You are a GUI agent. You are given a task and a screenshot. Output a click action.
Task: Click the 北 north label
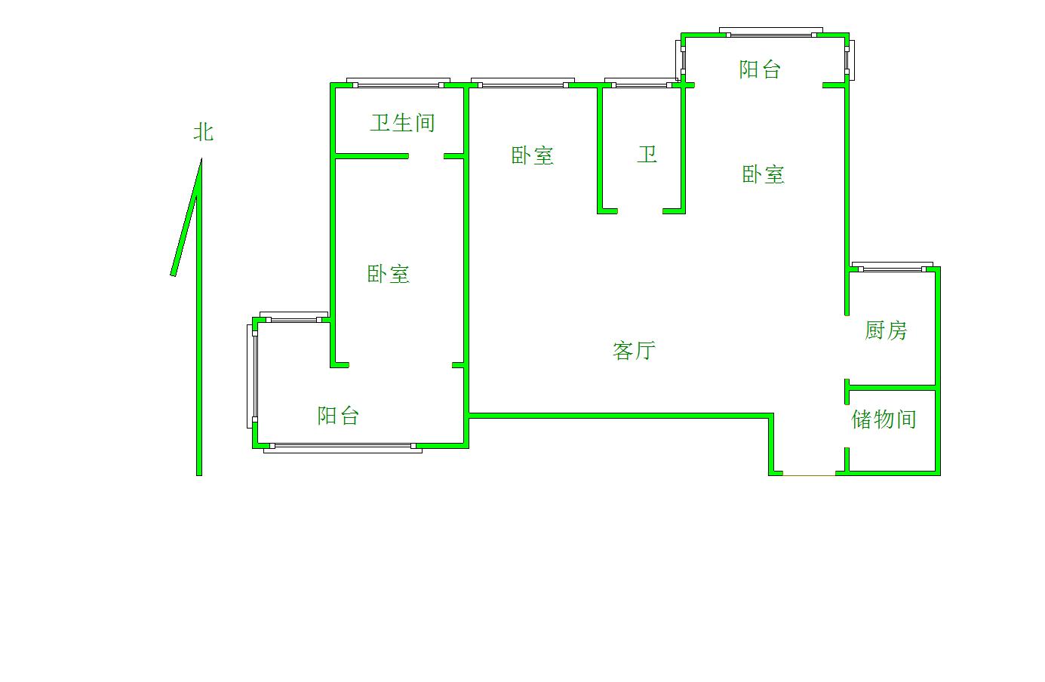(x=203, y=132)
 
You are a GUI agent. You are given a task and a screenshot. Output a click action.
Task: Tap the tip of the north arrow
(x=201, y=160)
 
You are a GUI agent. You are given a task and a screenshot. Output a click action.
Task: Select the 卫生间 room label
(x=402, y=122)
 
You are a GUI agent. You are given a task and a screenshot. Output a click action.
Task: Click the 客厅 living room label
(x=634, y=350)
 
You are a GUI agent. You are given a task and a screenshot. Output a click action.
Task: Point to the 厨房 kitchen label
(x=886, y=330)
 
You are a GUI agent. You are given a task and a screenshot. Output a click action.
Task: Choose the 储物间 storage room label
(x=884, y=419)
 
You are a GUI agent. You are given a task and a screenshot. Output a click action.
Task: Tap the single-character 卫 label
(x=647, y=155)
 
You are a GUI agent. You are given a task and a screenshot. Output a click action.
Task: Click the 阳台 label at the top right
(x=760, y=69)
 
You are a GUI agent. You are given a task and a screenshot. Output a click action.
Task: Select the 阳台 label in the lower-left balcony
(x=338, y=415)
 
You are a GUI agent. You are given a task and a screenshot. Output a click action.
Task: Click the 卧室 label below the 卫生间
(x=389, y=274)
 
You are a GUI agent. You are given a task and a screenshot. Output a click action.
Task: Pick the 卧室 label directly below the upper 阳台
(x=763, y=175)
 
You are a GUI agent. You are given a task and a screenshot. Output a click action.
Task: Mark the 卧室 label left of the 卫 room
(x=533, y=155)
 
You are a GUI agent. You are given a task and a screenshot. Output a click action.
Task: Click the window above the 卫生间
(x=398, y=82)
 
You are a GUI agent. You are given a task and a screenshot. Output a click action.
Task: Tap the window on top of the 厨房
(x=892, y=267)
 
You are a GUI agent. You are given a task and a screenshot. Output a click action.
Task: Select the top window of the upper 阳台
(x=771, y=32)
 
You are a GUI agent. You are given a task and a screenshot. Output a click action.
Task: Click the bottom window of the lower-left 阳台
(x=342, y=448)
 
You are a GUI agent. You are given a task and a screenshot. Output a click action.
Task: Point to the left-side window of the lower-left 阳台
(x=252, y=376)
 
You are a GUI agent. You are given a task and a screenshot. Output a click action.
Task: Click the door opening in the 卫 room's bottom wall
(x=640, y=211)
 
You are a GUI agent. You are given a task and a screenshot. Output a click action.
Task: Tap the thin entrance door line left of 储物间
(x=809, y=475)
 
